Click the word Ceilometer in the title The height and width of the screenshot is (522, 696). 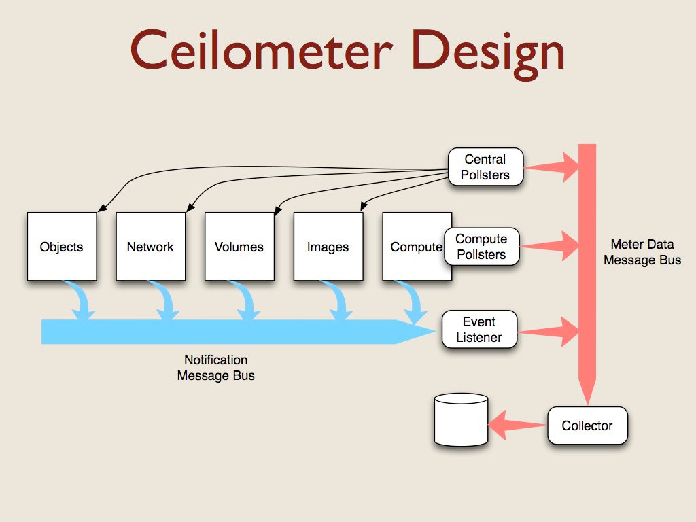(260, 51)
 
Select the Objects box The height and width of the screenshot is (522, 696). (62, 247)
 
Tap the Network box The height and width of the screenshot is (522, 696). (150, 247)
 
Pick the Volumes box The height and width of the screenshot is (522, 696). (239, 247)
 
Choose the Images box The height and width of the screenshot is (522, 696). (328, 247)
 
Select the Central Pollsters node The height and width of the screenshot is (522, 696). (485, 167)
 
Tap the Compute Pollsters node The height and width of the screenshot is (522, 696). (481, 247)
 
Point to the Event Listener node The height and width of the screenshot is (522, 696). (479, 330)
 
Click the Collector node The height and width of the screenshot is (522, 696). (587, 426)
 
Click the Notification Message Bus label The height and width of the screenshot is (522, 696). (216, 368)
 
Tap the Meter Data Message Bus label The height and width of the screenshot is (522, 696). (642, 252)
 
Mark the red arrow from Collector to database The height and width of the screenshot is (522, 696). (517, 425)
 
